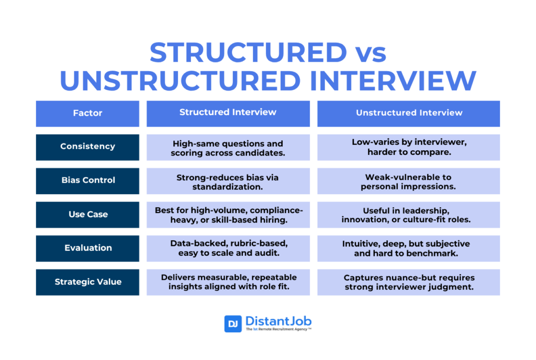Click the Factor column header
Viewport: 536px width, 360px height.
87,114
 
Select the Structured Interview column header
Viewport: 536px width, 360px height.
228,114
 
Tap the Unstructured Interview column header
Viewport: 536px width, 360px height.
408,114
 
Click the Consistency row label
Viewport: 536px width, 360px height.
87,147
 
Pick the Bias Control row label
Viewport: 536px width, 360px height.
87,181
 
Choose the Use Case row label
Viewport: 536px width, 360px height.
87,215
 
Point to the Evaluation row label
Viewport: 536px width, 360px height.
87,249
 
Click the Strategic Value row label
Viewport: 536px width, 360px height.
87,282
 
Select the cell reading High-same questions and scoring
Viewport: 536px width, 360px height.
228,147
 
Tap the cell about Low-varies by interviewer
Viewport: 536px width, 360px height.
408,147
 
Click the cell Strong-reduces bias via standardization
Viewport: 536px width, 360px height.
228,181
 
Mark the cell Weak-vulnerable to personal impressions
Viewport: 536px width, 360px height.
408,181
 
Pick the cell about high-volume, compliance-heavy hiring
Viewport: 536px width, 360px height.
228,215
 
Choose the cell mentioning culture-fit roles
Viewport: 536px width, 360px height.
408,215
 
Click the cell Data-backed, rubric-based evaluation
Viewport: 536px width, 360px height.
228,249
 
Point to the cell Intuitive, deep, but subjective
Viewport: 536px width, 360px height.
408,249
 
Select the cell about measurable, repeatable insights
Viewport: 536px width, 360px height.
228,282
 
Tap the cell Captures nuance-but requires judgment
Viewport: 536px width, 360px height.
408,282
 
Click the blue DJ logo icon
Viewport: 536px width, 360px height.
233,323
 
